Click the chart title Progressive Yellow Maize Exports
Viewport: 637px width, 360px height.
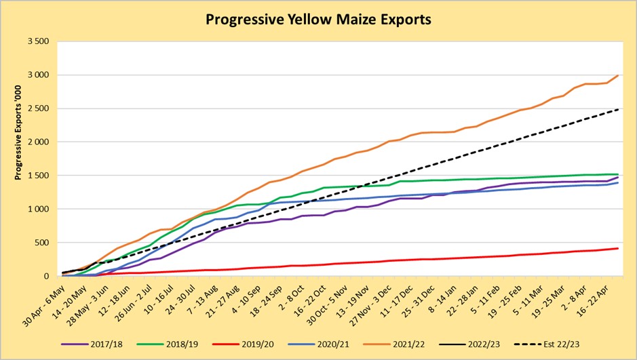[318, 20]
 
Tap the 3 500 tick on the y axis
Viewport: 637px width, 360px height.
[38, 41]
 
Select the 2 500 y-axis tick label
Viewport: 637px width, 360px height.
[38, 108]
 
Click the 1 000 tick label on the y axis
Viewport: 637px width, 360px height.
[38, 209]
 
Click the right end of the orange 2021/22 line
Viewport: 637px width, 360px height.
[618, 76]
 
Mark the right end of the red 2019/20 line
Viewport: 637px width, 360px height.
[618, 248]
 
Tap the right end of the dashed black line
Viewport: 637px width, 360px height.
[618, 108]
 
